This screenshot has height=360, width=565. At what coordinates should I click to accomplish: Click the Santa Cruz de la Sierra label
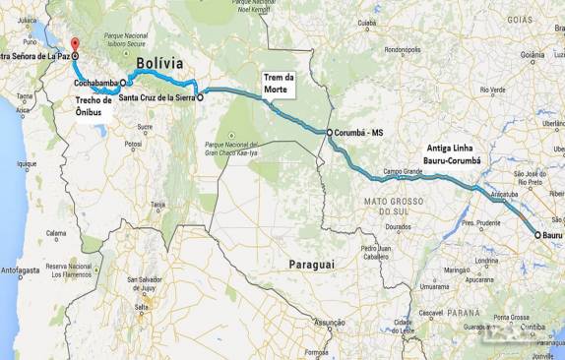tap(155, 98)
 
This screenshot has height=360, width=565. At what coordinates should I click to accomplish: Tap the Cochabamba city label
tap(95, 83)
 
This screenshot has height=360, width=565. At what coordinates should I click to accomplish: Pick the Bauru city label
tap(553, 235)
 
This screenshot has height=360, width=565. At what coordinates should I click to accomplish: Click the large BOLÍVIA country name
tap(160, 63)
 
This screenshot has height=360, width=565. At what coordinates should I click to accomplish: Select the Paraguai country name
tap(311, 265)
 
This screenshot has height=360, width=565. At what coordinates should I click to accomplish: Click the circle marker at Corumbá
tap(330, 132)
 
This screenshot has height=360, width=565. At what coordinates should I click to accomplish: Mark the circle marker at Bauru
tap(537, 235)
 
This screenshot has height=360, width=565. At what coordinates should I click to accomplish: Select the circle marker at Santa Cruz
tap(200, 98)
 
